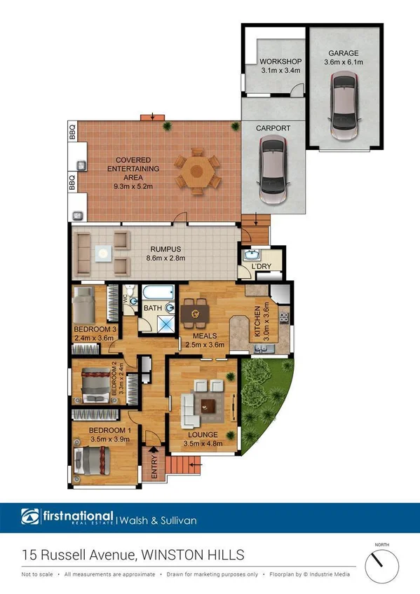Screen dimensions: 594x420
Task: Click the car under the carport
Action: (x=272, y=170)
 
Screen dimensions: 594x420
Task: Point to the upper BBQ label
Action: (x=72, y=132)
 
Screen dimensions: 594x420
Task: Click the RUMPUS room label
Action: (x=165, y=249)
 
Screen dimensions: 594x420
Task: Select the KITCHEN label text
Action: (x=258, y=322)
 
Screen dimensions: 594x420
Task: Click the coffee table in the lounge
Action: (x=208, y=404)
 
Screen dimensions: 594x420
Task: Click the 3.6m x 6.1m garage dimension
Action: (x=344, y=62)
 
